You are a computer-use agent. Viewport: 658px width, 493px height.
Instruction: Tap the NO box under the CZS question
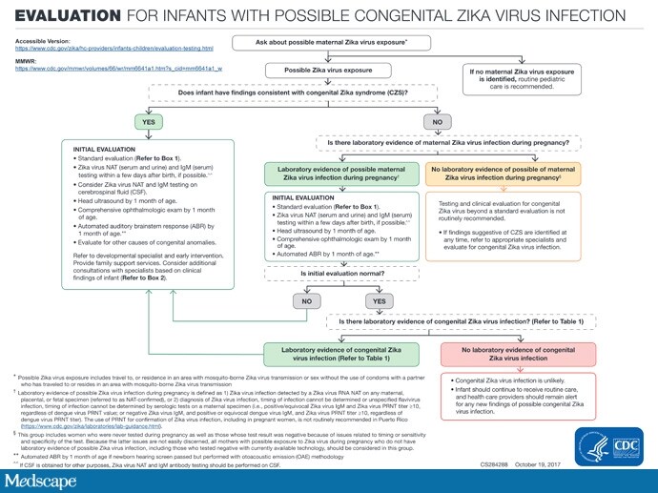pyautogui.click(x=438, y=123)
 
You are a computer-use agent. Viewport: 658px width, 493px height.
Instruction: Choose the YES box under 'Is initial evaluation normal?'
pyautogui.click(x=380, y=300)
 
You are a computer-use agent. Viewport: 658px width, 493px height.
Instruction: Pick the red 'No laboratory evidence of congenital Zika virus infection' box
pyautogui.click(x=517, y=354)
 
